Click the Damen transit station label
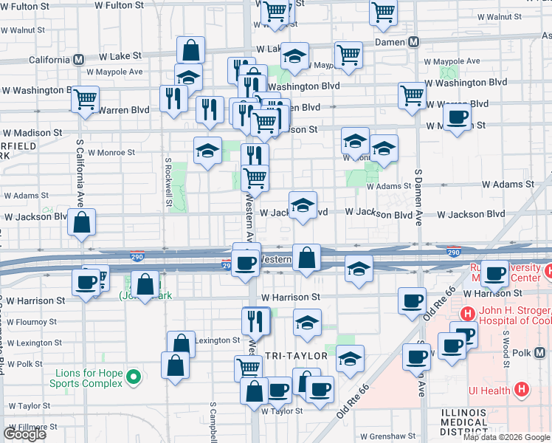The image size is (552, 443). click(x=390, y=43)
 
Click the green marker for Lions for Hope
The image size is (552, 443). click(x=134, y=378)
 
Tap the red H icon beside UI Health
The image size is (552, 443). click(x=522, y=389)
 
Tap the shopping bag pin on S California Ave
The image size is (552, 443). click(x=81, y=221)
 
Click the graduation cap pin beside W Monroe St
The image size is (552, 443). click(x=208, y=151)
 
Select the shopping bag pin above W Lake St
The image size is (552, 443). click(x=190, y=50)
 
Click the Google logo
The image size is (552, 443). click(x=24, y=434)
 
